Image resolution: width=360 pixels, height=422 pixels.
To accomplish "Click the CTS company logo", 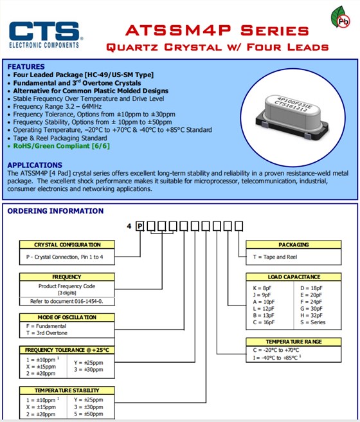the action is click(x=46, y=35).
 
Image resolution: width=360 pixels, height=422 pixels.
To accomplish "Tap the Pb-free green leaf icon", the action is click(x=340, y=17).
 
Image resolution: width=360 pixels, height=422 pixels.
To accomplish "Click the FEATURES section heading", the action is click(x=26, y=67).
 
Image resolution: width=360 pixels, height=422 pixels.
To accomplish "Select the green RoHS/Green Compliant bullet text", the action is click(x=62, y=146).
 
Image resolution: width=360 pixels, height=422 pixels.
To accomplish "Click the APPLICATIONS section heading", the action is click(x=35, y=165).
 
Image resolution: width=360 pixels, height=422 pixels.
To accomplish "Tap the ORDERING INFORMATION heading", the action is click(x=55, y=211).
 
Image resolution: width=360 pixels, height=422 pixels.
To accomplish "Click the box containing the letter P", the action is click(x=139, y=226).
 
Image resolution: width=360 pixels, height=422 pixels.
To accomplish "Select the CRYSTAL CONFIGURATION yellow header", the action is click(x=67, y=244).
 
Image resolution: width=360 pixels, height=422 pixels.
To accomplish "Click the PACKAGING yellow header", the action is click(x=294, y=244).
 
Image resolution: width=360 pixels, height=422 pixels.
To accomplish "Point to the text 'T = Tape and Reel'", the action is click(x=275, y=257).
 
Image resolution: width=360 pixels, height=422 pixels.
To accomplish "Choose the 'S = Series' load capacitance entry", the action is click(x=313, y=322).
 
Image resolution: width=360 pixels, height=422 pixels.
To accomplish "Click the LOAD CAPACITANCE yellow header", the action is click(x=294, y=277).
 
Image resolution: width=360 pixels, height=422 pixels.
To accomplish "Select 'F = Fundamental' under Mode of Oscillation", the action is click(x=46, y=326).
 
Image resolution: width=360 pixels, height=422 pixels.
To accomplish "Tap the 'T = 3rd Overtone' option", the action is click(x=47, y=333).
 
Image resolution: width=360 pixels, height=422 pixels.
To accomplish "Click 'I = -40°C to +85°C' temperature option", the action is click(x=277, y=358).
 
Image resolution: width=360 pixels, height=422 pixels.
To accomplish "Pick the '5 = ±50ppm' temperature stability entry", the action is click(x=89, y=414).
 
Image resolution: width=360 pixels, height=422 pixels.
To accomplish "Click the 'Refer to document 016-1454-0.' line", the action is click(x=67, y=302).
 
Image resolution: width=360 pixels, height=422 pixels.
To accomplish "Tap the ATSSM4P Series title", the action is click(x=217, y=30).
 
